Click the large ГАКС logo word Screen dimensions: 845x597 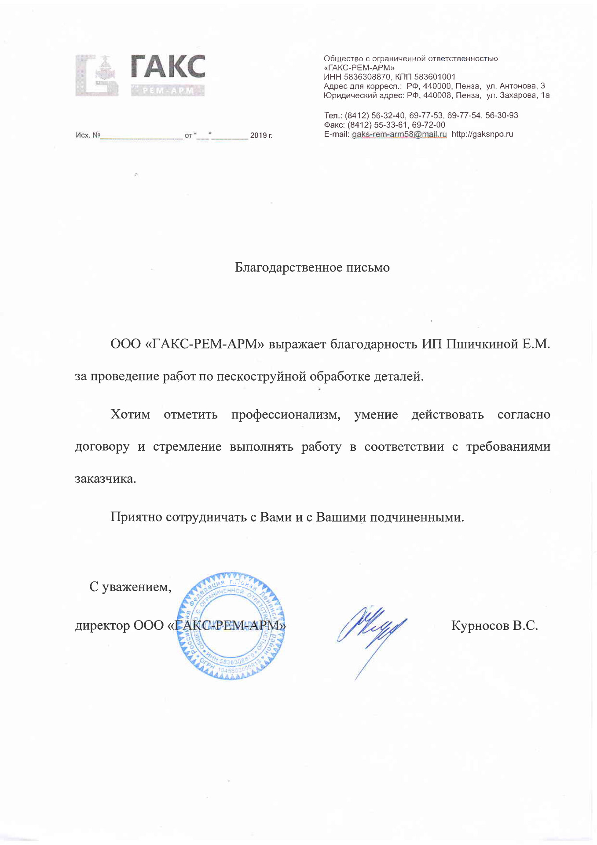coord(168,67)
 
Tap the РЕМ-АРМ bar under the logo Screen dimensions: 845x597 coord(168,91)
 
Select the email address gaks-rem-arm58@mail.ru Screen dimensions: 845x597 coord(399,135)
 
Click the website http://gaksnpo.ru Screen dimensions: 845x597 coord(482,135)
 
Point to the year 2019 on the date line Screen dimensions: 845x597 coord(258,136)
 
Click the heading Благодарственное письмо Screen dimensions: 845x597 coord(312,268)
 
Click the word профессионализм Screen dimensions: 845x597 coord(286,415)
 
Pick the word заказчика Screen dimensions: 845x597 coord(105,479)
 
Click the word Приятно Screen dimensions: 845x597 coord(136,517)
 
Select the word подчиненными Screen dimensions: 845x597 coord(417,517)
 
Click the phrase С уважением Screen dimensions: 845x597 coord(130,587)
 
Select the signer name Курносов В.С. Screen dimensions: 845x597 coord(494,626)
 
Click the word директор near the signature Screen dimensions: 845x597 coord(103,626)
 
